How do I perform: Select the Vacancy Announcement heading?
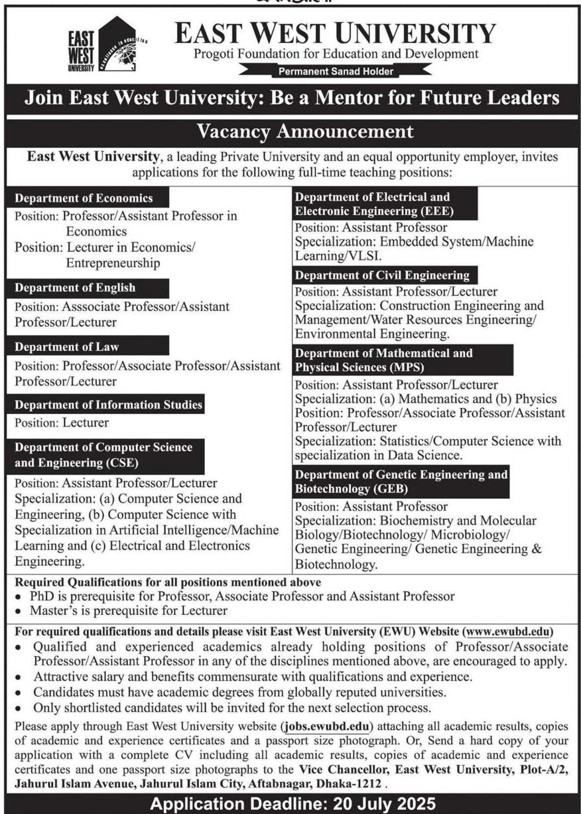tap(305, 131)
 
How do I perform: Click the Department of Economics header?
tap(84, 198)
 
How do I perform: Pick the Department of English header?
tap(76, 288)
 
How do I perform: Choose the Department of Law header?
tap(67, 346)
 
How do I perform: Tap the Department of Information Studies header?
tap(108, 405)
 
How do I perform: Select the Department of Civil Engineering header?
tap(382, 275)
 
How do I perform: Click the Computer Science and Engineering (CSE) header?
tap(103, 454)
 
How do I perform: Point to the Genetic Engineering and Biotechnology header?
tap(401, 482)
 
